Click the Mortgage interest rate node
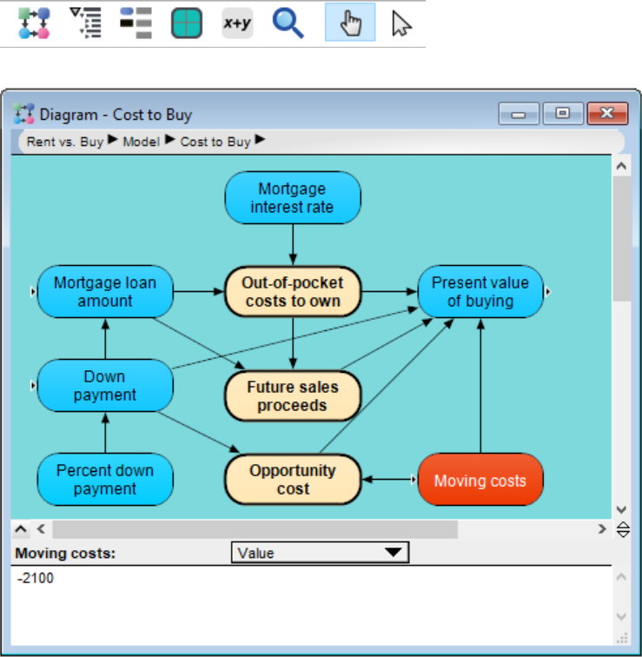(x=293, y=197)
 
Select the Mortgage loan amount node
(x=105, y=292)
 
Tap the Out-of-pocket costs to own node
(x=293, y=292)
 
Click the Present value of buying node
(x=480, y=292)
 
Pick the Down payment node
(x=105, y=386)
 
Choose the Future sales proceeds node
(x=293, y=396)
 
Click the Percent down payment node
(x=105, y=480)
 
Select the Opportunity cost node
(x=293, y=480)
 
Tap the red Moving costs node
(x=480, y=480)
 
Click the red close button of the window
(x=607, y=113)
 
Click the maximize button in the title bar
(x=563, y=113)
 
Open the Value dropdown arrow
(x=394, y=552)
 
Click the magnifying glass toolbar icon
(x=288, y=23)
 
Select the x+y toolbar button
(x=237, y=23)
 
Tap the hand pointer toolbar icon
(x=350, y=23)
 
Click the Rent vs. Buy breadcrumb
(x=65, y=142)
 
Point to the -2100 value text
(x=35, y=578)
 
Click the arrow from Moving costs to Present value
(x=480, y=386)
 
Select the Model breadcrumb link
(x=141, y=142)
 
